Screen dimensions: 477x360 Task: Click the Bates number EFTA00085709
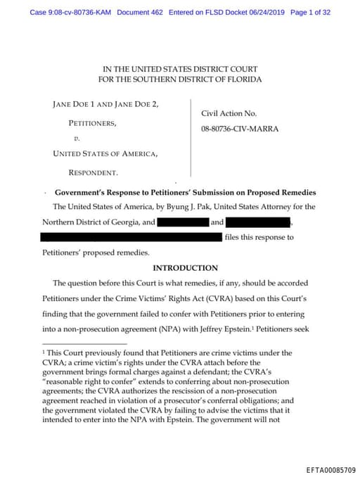tap(331, 469)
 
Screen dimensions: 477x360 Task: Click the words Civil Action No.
tap(229, 113)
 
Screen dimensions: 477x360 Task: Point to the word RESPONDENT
tap(93, 172)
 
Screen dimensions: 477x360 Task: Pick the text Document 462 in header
tap(140, 13)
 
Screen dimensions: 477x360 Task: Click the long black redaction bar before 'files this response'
tap(131, 237)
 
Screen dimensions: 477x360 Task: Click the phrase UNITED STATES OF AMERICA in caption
tap(105, 153)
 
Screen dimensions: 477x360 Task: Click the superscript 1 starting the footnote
tap(44, 350)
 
